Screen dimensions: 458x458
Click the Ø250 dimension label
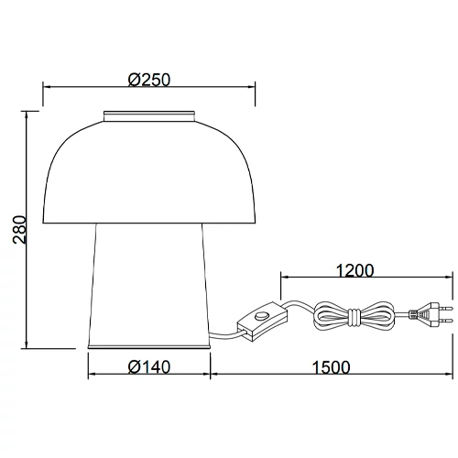click(x=150, y=80)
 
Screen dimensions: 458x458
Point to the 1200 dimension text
click(x=354, y=270)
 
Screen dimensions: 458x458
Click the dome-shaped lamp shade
click(x=150, y=174)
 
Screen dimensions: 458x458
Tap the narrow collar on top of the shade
click(x=150, y=115)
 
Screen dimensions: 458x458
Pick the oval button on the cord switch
click(x=264, y=318)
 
